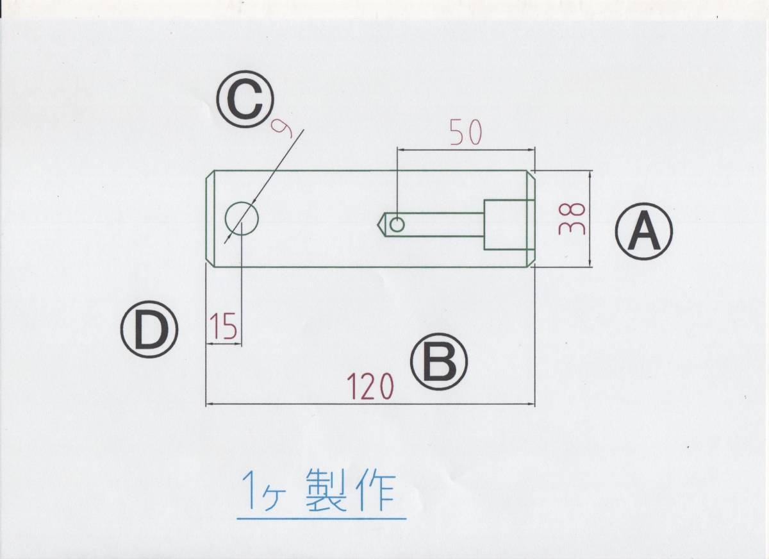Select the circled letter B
(x=439, y=362)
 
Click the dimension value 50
(x=466, y=132)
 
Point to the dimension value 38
(x=570, y=219)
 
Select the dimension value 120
(x=370, y=386)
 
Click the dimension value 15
(x=222, y=326)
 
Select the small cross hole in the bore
(x=397, y=224)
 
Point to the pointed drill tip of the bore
(x=379, y=224)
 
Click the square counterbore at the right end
(x=509, y=224)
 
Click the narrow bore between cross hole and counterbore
(x=442, y=224)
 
